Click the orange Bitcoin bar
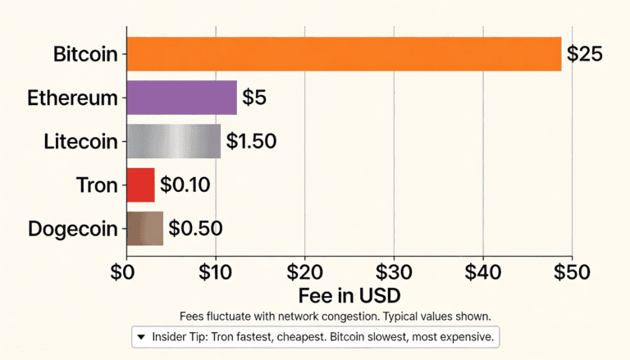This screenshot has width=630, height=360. [344, 54]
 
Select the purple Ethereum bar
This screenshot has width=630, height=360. [181, 98]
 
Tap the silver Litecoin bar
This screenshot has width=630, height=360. [173, 141]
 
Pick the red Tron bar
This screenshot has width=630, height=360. [140, 185]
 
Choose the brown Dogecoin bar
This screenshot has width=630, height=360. [144, 228]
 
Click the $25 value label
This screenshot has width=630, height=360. [584, 55]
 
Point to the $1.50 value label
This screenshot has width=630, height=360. [251, 141]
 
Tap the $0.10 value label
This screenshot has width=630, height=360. [185, 185]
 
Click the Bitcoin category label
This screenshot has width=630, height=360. [85, 55]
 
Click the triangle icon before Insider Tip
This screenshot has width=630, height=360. [141, 337]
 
